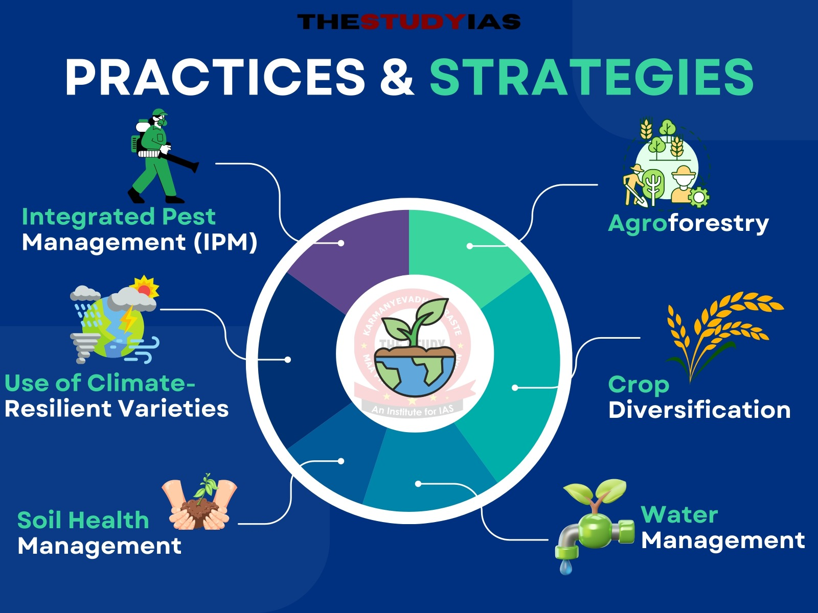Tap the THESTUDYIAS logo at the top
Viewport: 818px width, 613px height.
click(408, 22)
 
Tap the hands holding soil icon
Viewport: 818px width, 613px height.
click(199, 506)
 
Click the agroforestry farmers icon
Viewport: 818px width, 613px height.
click(665, 163)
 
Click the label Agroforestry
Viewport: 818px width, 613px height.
click(688, 223)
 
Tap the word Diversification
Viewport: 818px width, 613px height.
click(699, 410)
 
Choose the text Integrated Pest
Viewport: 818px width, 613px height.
click(118, 217)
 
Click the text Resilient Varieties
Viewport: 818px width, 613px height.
click(117, 409)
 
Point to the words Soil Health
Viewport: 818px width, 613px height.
click(83, 520)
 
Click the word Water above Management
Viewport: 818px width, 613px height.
click(679, 514)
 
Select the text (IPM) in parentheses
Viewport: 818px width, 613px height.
click(225, 242)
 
